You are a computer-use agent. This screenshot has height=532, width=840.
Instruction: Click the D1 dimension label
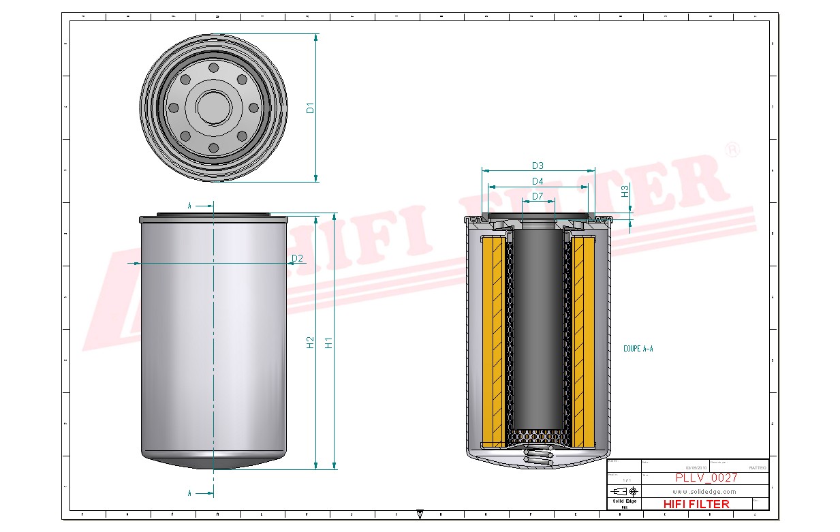(310, 108)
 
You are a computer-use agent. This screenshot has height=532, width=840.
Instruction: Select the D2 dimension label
(297, 258)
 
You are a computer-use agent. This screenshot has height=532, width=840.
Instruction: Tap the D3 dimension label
(538, 166)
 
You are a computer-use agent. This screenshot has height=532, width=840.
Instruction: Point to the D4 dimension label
(538, 181)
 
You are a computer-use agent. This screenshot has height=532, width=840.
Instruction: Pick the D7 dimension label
(538, 196)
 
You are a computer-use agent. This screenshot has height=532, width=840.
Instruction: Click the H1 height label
(329, 343)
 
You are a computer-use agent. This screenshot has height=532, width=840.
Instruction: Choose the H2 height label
(311, 343)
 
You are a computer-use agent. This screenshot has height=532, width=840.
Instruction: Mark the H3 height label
(625, 192)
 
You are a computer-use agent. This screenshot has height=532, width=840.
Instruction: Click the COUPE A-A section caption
(638, 349)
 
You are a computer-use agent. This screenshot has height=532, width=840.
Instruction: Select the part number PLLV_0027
(706, 478)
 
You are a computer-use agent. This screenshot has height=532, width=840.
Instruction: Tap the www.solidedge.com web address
(704, 491)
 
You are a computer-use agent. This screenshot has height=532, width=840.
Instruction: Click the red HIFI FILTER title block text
(696, 504)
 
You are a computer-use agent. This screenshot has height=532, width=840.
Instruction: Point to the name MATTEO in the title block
(756, 468)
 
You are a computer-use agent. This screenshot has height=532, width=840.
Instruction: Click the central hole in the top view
(214, 108)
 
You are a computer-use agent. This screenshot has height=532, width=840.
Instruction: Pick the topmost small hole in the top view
(214, 68)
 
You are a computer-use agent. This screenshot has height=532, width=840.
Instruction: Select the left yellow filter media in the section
(492, 341)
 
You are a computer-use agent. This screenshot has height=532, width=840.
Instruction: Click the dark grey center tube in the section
(538, 327)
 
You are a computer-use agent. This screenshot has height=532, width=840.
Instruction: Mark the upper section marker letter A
(189, 204)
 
